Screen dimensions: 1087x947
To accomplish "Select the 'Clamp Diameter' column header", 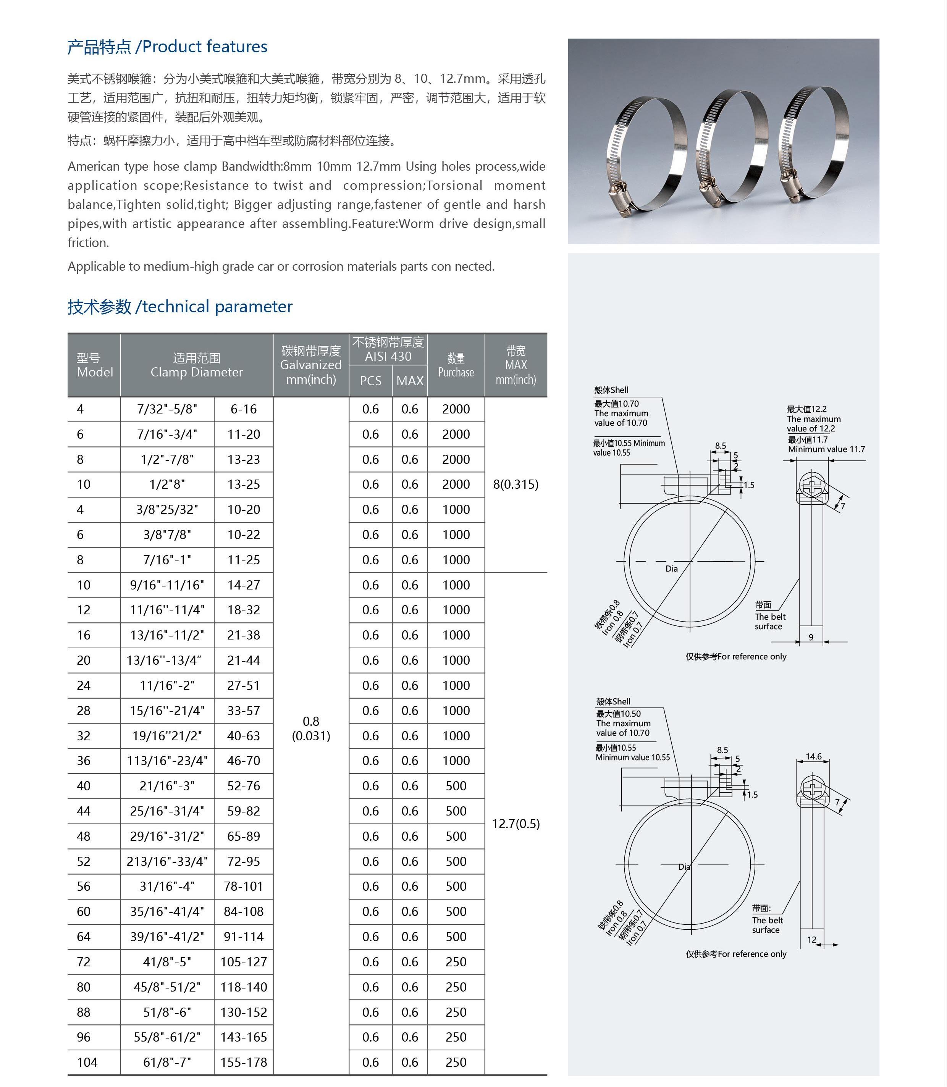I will (197, 372).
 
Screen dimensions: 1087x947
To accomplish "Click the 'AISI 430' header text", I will (388, 356).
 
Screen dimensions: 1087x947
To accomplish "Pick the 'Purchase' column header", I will (456, 372).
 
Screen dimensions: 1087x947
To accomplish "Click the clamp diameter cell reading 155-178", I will (244, 1062).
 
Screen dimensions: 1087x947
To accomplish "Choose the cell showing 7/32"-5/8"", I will (167, 409).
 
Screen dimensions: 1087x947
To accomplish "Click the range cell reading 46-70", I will (244, 761).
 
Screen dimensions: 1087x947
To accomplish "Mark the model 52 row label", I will (84, 861).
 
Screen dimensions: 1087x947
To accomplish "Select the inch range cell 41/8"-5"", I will (167, 961).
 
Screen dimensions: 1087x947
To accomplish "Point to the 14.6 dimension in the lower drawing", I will (813, 756).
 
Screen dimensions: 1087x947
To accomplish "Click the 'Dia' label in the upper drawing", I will (671, 569).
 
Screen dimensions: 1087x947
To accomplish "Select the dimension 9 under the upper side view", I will (811, 637).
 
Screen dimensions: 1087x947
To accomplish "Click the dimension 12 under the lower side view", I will (812, 940).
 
